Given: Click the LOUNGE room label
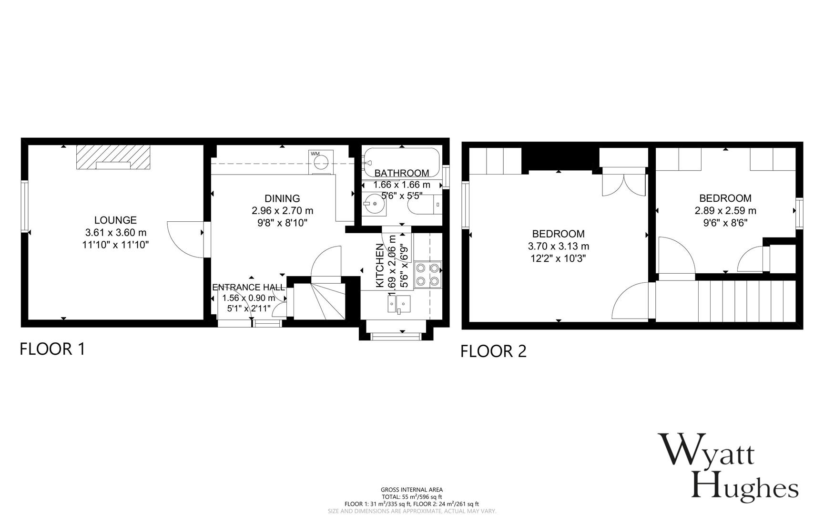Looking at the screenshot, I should [x=115, y=220].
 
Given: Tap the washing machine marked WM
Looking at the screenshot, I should [x=321, y=162].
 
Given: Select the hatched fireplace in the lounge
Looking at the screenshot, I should [x=113, y=157].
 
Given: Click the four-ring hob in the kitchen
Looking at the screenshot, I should [x=427, y=274].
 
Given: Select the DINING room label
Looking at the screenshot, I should [x=282, y=198].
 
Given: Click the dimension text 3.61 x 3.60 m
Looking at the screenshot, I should [x=115, y=233].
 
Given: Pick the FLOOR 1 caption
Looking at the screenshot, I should [x=52, y=349].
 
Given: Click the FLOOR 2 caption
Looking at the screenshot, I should [x=493, y=351].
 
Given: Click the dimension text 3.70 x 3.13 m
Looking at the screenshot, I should [x=558, y=247].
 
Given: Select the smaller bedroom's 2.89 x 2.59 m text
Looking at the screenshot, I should [x=725, y=211].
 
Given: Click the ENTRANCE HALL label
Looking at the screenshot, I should [x=248, y=288].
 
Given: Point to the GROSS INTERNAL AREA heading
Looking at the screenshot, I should [x=411, y=490].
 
